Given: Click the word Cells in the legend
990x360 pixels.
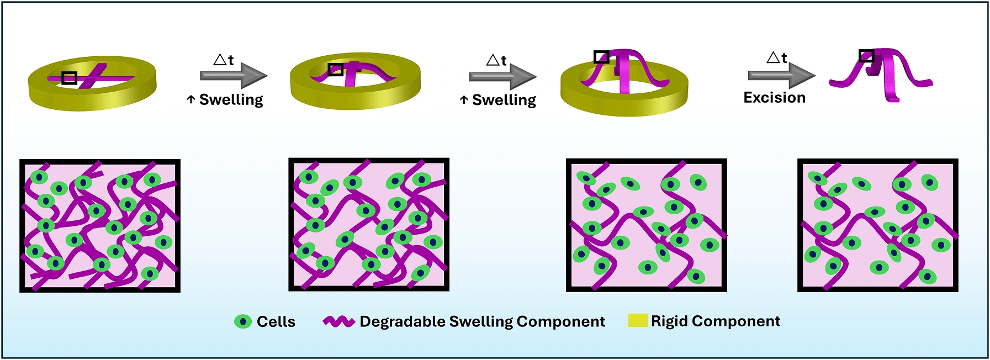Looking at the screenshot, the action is (276, 321).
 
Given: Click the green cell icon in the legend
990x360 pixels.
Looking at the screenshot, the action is (243, 322).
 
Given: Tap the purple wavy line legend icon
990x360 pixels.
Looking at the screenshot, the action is (338, 321).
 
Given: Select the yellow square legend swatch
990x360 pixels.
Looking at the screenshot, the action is (637, 321).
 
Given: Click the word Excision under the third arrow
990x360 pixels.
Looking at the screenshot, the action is (774, 98).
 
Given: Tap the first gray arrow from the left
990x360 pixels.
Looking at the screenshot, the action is (234, 76).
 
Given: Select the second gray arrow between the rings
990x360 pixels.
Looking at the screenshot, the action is (503, 76).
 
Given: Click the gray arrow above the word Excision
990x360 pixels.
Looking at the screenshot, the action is (782, 75).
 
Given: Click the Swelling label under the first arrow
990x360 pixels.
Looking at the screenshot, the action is (231, 100).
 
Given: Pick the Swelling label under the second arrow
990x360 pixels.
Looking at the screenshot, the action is (504, 100).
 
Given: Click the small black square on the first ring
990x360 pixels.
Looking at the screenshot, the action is (69, 78).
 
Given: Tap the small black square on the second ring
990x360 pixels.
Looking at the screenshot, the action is (336, 69).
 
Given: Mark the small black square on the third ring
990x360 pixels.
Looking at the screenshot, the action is (601, 57).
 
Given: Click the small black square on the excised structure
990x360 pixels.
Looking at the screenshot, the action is (866, 56).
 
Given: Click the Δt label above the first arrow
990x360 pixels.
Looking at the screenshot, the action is (224, 60).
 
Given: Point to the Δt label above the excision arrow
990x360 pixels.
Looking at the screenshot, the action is (777, 57).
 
